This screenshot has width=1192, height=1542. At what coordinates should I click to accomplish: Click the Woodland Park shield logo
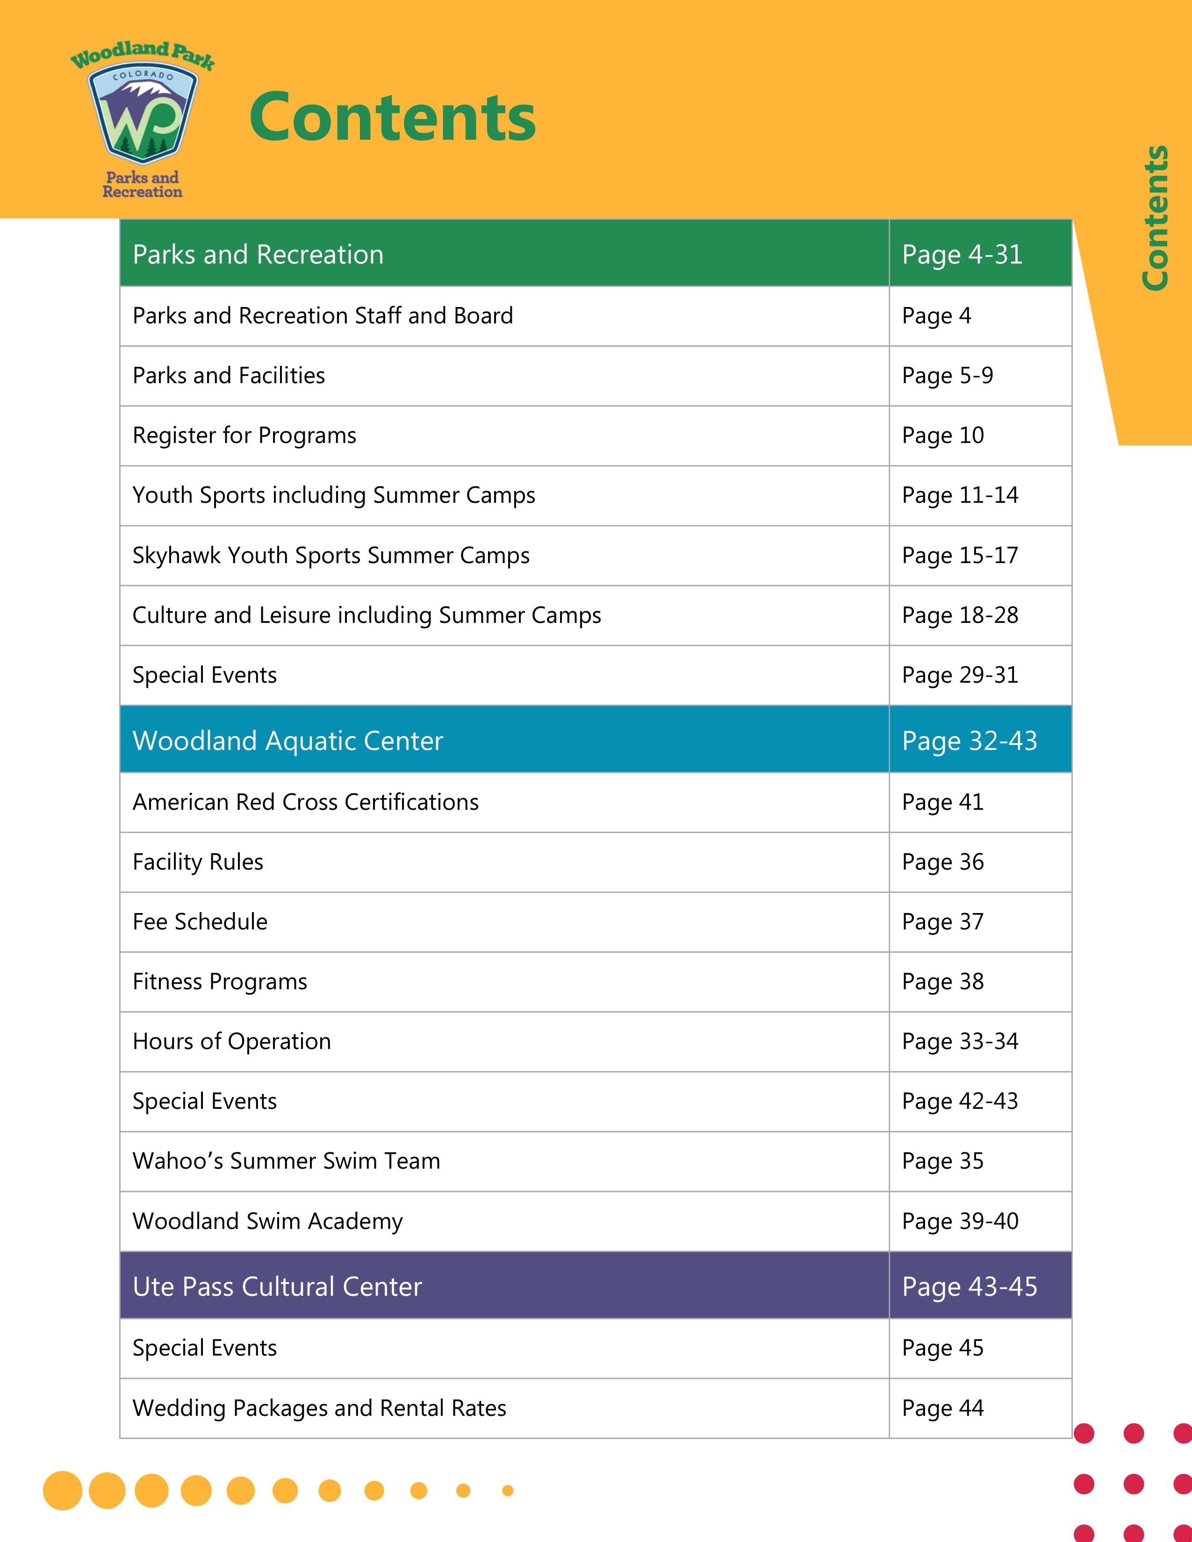[143, 116]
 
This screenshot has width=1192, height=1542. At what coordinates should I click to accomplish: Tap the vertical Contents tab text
[1155, 217]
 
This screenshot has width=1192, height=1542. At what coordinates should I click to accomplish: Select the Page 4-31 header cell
[962, 254]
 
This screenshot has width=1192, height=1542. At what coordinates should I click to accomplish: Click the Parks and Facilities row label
[229, 376]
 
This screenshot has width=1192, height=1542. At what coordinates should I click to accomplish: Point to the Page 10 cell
[943, 435]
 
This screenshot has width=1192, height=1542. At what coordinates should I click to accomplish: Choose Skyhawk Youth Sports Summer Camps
[330, 556]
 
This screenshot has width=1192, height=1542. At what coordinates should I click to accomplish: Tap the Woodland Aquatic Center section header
[287, 741]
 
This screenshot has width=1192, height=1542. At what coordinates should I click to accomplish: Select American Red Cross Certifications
[305, 802]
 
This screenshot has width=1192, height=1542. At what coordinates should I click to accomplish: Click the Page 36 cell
[943, 862]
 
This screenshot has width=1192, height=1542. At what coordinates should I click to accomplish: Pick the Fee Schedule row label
[200, 922]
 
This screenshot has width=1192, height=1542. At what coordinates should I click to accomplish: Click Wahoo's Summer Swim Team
[286, 1162]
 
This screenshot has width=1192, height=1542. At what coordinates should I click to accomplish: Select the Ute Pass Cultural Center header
[277, 1286]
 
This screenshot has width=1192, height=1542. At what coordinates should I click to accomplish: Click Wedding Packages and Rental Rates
[319, 1408]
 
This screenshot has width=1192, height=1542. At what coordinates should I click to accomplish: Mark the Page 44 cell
[943, 1408]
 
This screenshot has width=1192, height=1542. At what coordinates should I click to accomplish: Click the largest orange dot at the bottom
[63, 1491]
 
